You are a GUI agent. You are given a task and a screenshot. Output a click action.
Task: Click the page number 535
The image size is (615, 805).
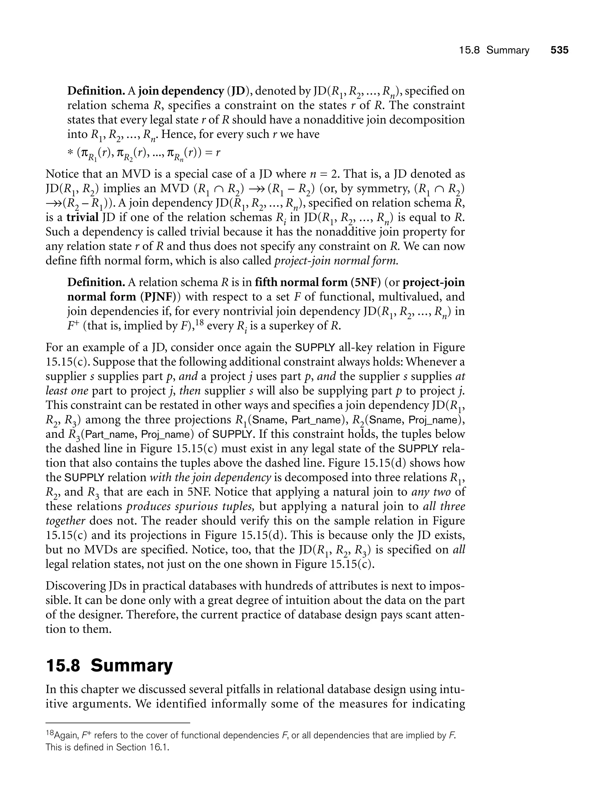click(x=559, y=50)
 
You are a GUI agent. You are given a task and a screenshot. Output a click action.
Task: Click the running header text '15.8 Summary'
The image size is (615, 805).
click(x=494, y=50)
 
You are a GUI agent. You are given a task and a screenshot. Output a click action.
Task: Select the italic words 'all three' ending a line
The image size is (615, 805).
click(x=444, y=506)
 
